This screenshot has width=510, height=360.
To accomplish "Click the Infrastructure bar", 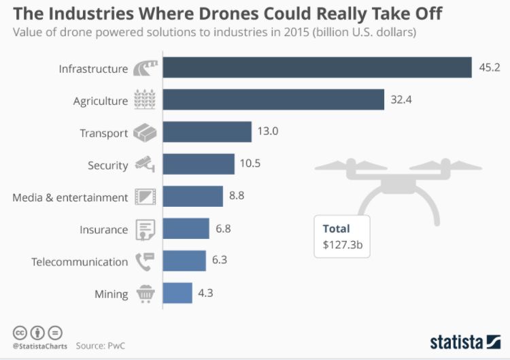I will point(317,68).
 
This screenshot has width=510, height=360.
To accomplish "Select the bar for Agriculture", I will point(273,100).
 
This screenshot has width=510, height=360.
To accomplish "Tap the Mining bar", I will point(177,294).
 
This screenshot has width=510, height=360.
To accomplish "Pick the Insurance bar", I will point(186,229).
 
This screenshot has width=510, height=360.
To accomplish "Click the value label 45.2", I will point(490,68).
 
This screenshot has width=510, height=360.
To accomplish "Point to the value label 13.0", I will point(267,132).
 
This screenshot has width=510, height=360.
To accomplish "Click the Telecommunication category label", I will point(80,262).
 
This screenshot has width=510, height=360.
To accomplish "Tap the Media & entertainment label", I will point(70,197).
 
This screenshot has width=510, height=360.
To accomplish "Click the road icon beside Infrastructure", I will point(144,68).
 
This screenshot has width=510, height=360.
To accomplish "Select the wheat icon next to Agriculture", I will point(144,100).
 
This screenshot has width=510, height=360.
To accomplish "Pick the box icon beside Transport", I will point(144,132).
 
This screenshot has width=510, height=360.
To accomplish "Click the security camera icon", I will point(144,164).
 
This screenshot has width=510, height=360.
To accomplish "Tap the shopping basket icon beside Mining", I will point(144,294).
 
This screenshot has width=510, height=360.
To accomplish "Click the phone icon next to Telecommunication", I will point(144,261).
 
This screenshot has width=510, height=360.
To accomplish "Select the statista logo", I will point(464,340).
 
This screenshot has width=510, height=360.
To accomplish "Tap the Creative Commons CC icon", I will point(20,333).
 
